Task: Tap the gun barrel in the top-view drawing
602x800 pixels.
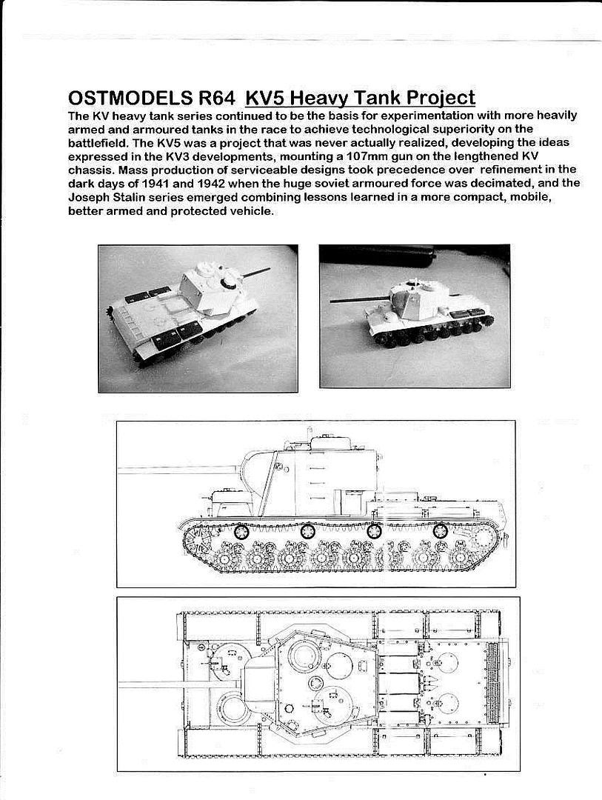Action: (178, 683)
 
